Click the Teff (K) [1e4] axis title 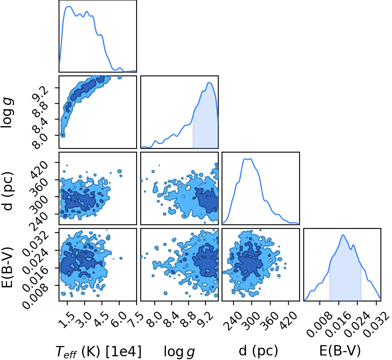pos(98,351)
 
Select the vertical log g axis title pos(7,113)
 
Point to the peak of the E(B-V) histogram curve pos(343,235)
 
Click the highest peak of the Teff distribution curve pos(68,7)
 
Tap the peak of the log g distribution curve pos(209,83)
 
